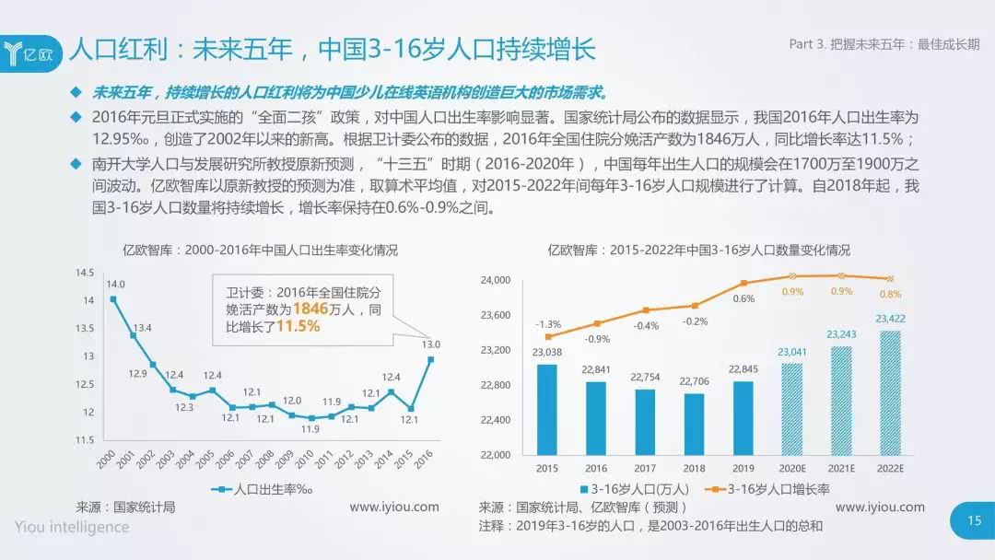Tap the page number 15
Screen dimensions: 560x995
tap(974, 521)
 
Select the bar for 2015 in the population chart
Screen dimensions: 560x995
tap(546, 409)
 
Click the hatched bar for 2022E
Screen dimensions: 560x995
tap(889, 392)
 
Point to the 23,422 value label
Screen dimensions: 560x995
tap(890, 320)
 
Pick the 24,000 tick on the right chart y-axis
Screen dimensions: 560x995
tap(497, 280)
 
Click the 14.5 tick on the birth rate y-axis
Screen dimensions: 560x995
tap(85, 273)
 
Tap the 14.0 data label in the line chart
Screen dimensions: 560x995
tap(115, 285)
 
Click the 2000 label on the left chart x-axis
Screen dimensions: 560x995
tap(106, 459)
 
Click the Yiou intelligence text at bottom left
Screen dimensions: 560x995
tap(72, 527)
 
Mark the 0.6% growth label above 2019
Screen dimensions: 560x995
tap(743, 298)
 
